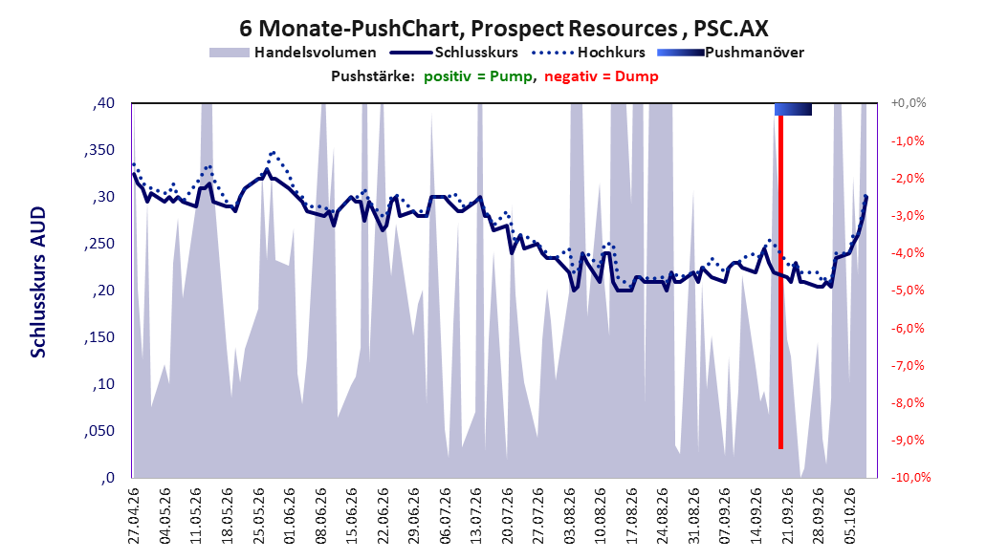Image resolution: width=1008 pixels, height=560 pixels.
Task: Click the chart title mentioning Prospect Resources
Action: coord(503,29)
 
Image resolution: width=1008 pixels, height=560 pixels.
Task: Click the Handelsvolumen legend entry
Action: coord(293,53)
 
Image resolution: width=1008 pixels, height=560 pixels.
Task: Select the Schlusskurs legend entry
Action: coord(454,53)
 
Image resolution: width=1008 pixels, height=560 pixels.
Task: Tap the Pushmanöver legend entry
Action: coord(731,53)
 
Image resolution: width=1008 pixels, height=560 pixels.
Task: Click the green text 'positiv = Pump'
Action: coord(478,76)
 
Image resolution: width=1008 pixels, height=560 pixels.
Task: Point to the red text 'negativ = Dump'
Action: coord(602,76)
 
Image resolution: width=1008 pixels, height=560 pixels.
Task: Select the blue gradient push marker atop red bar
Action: coord(793,109)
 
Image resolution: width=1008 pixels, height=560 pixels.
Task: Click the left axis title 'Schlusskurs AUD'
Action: coord(38,282)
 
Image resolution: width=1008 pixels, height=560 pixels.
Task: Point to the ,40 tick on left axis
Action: coord(103,103)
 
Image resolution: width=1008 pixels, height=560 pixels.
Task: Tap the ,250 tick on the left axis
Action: coord(99,244)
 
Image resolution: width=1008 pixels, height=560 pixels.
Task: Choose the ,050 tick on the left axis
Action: coord(99,431)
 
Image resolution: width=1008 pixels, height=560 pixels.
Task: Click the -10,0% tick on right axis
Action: coord(909,477)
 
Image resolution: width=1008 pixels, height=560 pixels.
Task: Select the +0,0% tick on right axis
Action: coord(908,103)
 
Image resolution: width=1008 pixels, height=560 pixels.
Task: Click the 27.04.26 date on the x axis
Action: coord(134,516)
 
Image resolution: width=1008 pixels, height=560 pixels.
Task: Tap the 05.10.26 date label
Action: coord(850,516)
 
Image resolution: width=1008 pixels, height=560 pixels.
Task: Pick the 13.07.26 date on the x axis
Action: coord(476,516)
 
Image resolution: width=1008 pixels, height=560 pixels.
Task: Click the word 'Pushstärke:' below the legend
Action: coord(373,76)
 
